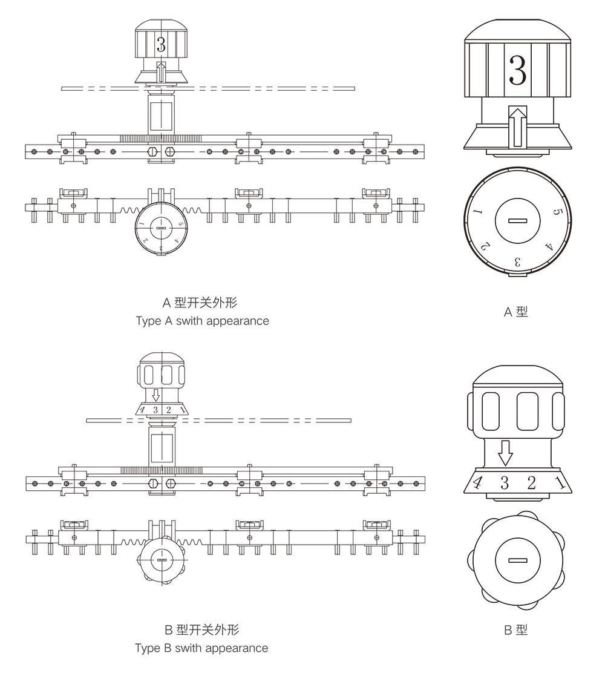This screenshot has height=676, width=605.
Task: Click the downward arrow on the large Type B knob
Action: pos(505,452)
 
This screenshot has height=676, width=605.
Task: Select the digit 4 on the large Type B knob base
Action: pos(477,483)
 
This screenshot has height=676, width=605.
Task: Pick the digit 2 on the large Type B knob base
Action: pos(531,482)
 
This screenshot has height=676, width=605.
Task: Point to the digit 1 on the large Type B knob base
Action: pos(560,482)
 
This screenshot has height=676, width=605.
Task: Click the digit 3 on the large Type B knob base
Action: pos(504,482)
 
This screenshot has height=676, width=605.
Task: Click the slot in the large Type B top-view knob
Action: pos(518,560)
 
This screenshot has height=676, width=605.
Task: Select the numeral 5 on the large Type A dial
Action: pos(558,213)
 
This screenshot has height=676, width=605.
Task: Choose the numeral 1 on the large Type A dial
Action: pos(477,212)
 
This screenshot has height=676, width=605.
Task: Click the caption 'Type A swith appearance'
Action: pos(202,321)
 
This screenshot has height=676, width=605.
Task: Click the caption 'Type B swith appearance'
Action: pos(201,648)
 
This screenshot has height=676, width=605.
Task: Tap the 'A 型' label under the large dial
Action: pos(516,312)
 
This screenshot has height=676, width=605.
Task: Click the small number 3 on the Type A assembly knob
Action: pos(160,44)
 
